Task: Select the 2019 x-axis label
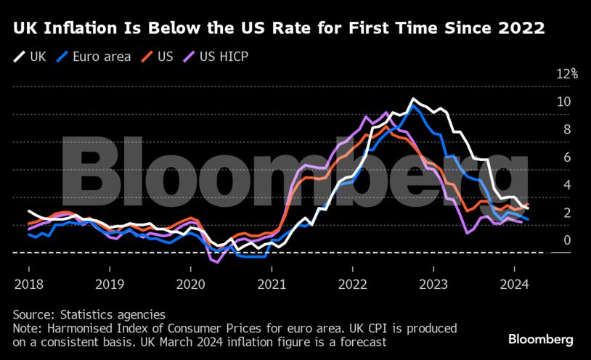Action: (108, 285)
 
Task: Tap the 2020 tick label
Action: (189, 285)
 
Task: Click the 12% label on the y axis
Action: (566, 74)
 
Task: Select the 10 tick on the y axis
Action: (563, 102)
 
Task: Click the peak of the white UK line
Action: (413, 99)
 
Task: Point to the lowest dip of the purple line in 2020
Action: (216, 261)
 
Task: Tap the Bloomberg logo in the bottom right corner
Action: (540, 339)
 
